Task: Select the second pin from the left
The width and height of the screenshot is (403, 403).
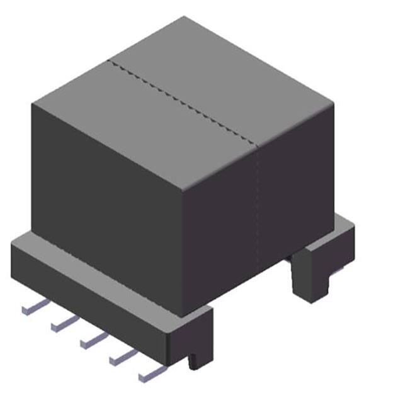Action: click(63, 323)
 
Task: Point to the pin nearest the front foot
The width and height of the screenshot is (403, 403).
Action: click(150, 373)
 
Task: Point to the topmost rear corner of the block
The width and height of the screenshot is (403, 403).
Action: click(184, 17)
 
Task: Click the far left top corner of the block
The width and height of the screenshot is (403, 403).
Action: click(32, 102)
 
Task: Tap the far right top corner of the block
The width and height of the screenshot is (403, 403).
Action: click(333, 101)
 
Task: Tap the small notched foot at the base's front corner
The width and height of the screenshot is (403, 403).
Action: click(195, 353)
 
